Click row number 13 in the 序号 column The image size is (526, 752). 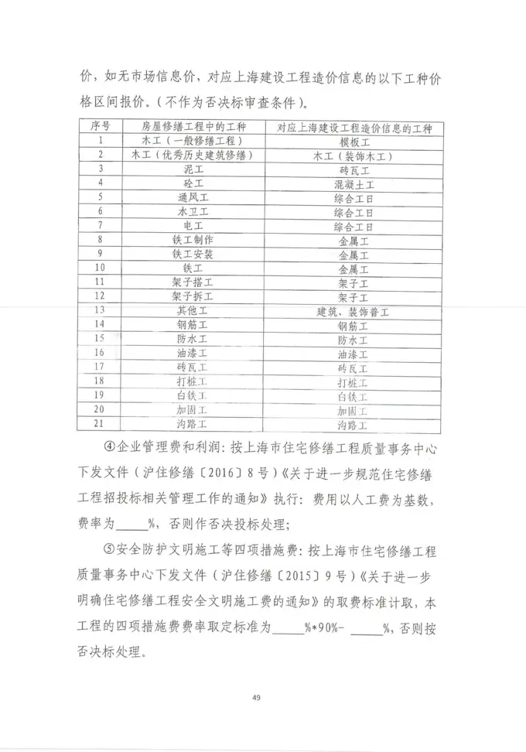click(99, 311)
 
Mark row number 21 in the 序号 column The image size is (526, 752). click(99, 424)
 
